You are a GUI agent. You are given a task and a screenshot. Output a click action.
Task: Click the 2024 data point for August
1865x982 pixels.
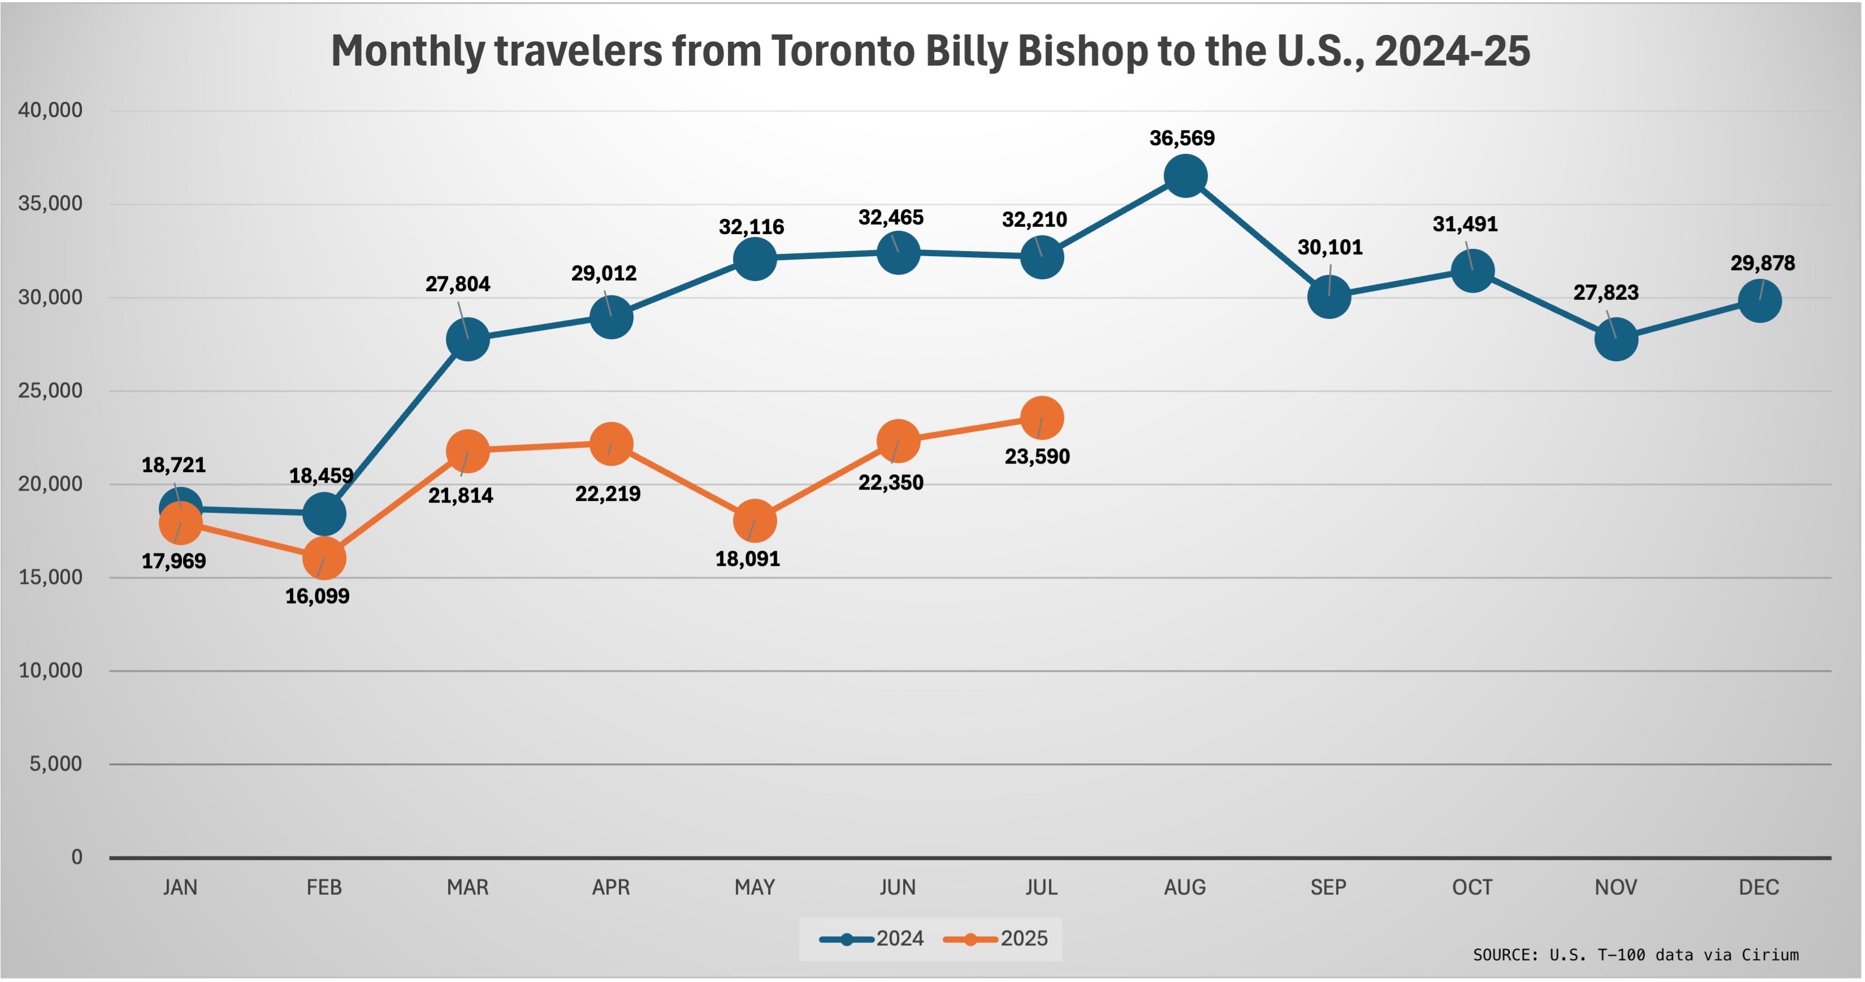point(1185,177)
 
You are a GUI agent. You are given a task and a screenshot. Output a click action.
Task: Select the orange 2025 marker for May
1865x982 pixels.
point(755,521)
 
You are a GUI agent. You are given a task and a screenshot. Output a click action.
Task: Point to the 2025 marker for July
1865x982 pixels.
point(1042,418)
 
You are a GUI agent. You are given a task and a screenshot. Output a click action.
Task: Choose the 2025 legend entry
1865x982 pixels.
point(996,939)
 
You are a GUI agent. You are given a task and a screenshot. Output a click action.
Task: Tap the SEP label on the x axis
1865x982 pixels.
point(1329,888)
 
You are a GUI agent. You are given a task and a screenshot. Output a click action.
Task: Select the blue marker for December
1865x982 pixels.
point(1760,301)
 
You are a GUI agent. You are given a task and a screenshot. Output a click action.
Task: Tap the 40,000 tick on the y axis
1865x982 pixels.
point(50,111)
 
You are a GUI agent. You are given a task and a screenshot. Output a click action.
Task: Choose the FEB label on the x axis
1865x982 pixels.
point(324,888)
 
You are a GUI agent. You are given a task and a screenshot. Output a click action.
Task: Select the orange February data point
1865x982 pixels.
point(324,559)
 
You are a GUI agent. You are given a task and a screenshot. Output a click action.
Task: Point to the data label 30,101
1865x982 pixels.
point(1330,248)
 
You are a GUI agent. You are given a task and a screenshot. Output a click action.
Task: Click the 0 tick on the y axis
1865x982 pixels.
point(77,858)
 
